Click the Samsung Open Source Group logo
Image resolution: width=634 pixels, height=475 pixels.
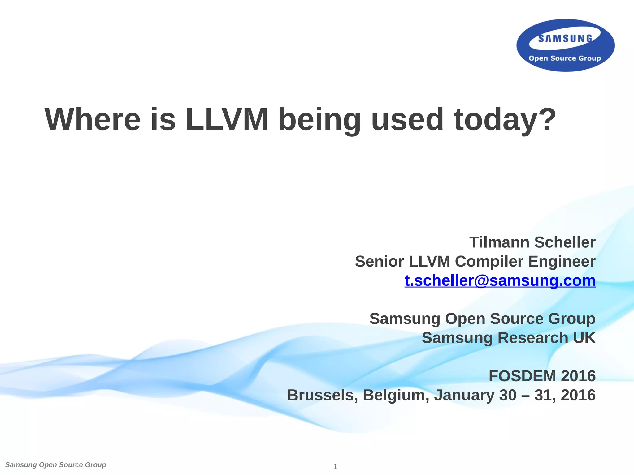pos(565,45)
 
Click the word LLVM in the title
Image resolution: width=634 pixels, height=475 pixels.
pos(227,120)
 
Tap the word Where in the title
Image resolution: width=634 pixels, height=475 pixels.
pos(93,120)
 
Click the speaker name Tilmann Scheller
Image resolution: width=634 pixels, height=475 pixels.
pos(532,242)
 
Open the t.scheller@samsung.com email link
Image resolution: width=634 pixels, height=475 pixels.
pos(500,281)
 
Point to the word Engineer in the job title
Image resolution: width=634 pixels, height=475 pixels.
pos(562,261)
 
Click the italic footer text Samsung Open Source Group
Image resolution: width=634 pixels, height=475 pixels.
pos(56,465)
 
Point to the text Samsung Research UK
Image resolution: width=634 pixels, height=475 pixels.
pos(508,338)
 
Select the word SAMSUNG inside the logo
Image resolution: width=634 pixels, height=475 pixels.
pos(565,39)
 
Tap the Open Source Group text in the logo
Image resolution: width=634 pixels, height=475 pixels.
pos(565,58)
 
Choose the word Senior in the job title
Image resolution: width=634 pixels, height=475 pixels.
pos(379,261)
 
